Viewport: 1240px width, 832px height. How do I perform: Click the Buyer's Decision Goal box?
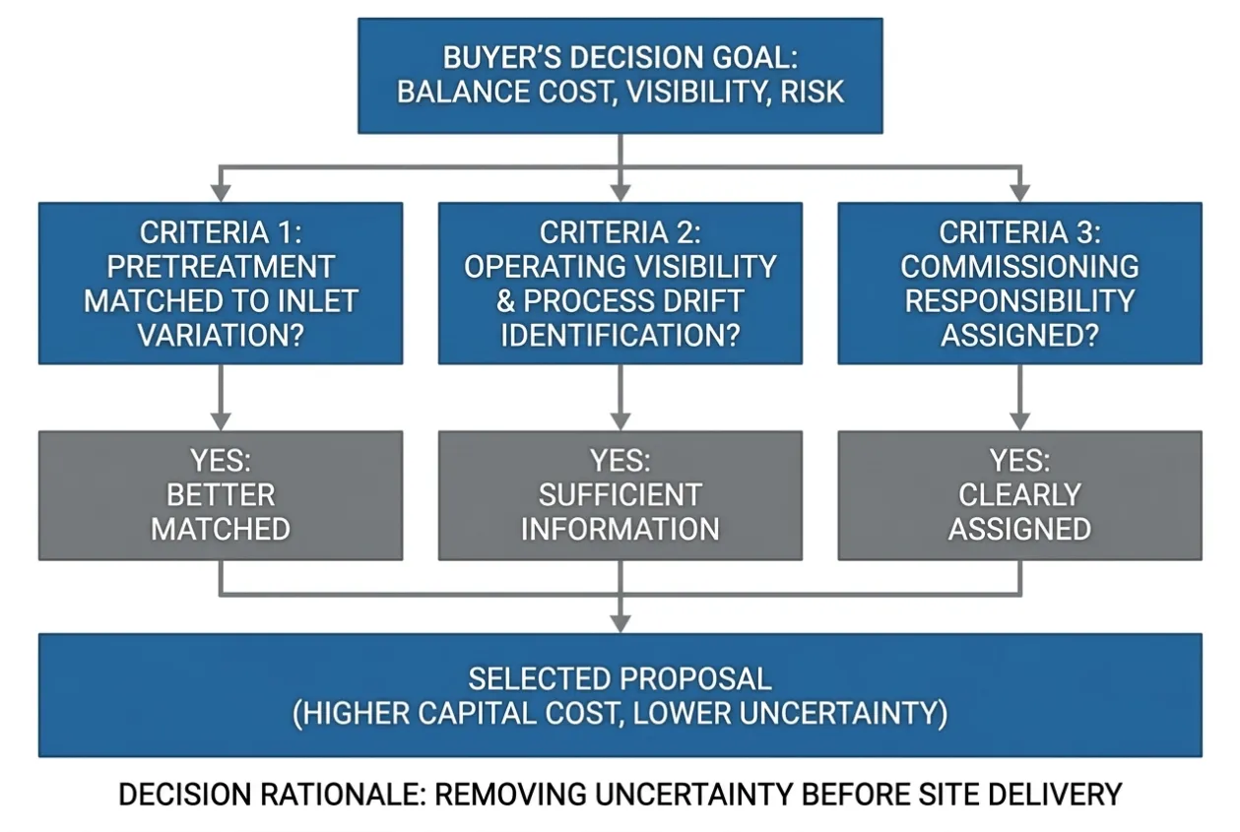point(620,76)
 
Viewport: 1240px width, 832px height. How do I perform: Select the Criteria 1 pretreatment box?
point(221,283)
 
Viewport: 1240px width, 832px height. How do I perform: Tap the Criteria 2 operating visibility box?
point(620,283)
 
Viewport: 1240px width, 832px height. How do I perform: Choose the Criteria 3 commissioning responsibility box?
point(1019,283)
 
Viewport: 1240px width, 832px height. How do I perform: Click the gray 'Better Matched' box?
point(221,495)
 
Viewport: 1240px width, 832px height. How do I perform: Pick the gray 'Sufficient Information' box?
point(620,495)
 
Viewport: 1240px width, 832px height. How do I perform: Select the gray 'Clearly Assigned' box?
point(1019,495)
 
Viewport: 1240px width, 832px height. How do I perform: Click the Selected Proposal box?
point(620,695)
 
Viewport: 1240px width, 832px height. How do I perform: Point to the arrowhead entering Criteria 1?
point(221,193)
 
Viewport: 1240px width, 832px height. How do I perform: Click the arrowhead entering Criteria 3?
point(1019,193)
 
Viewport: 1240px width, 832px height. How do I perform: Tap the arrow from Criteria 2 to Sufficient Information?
point(620,398)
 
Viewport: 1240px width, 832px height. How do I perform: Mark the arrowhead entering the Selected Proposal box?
point(620,624)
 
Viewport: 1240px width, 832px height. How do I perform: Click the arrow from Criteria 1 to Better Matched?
point(221,398)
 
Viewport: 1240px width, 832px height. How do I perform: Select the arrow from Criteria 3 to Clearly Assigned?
point(1019,398)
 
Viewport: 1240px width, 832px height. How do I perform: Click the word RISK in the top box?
point(812,92)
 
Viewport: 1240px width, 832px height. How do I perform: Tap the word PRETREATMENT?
point(221,267)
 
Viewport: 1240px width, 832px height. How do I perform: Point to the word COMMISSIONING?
point(1019,267)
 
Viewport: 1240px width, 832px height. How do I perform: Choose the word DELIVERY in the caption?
point(1047,795)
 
